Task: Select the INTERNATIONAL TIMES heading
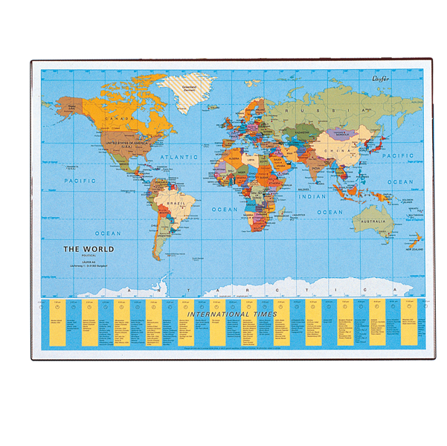click(x=232, y=314)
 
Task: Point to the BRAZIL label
click(x=176, y=203)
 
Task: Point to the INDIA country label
click(x=315, y=169)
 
